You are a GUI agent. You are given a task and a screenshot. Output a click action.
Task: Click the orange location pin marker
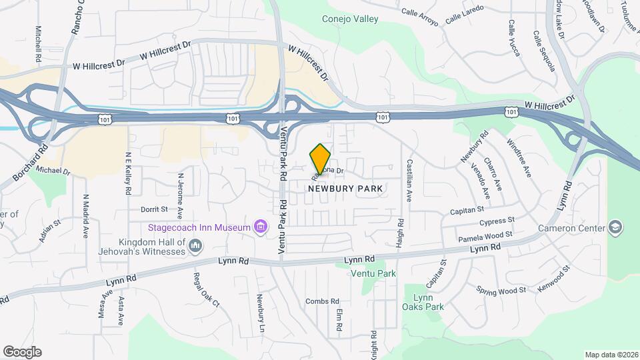[x=321, y=159]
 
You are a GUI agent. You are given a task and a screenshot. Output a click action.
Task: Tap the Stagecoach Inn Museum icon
[x=261, y=228]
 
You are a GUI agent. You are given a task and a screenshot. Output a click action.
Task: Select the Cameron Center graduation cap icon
[x=615, y=228]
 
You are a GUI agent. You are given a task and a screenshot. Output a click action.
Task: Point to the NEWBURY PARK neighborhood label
[x=345, y=189]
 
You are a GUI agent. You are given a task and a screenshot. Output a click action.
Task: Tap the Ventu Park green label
[x=374, y=273]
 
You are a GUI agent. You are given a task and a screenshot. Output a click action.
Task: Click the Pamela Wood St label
[x=485, y=237]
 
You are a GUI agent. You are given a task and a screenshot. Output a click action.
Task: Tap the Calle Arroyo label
[x=419, y=16]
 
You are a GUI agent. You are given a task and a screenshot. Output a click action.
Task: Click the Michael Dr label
[x=53, y=171]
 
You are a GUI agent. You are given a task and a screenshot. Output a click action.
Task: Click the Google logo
[x=22, y=352]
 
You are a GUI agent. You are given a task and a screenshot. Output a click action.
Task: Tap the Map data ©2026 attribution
[x=611, y=355]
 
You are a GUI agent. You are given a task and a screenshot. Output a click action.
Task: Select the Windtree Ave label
[x=519, y=157]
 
